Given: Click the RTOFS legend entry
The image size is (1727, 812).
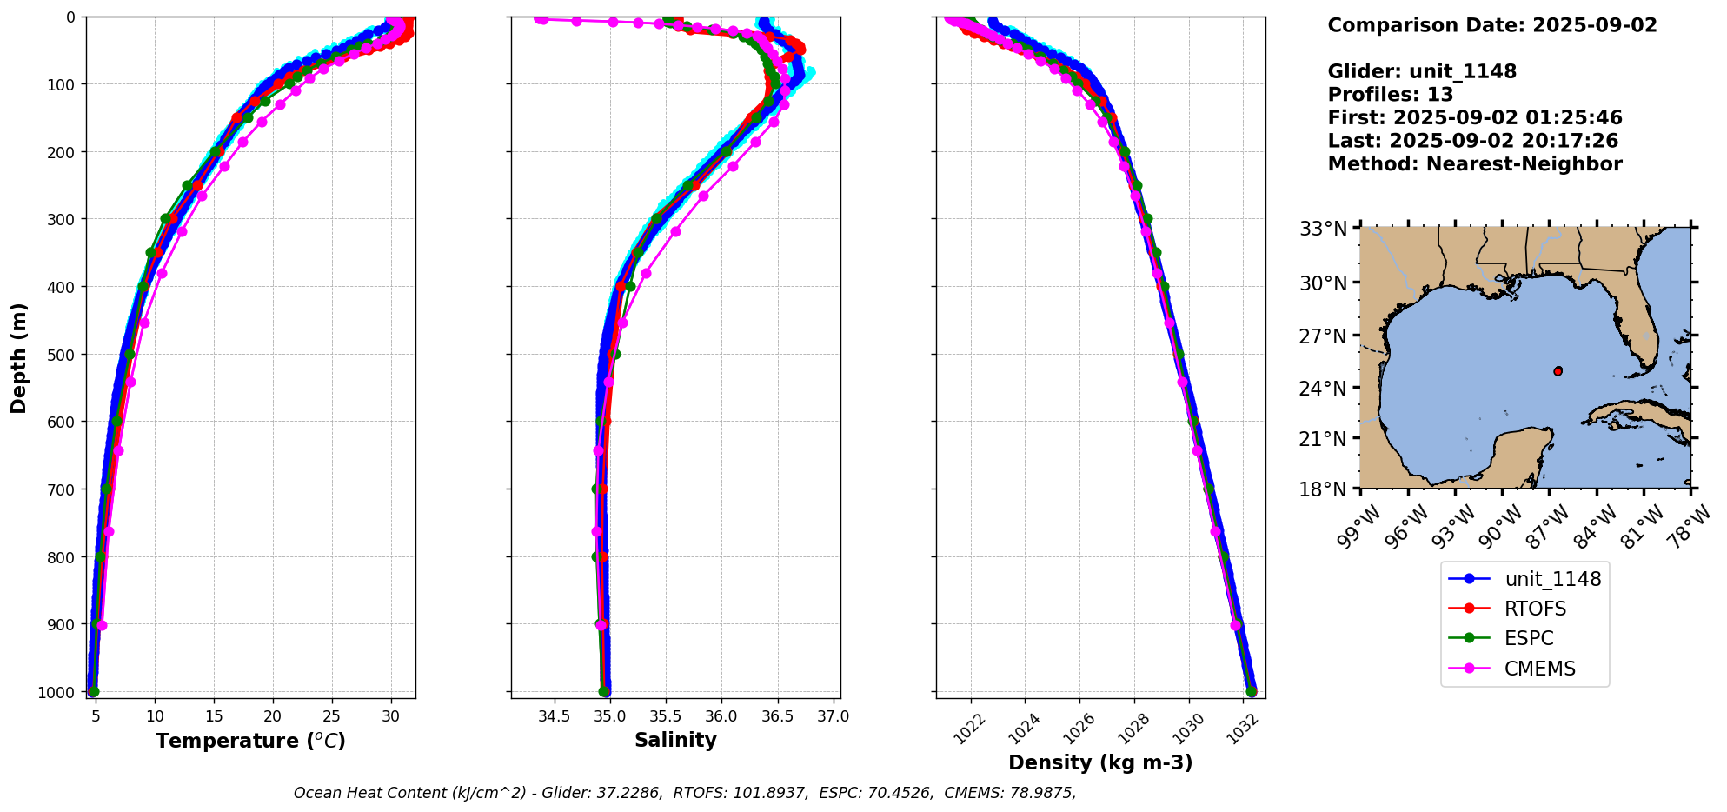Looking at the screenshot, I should pos(1534,609).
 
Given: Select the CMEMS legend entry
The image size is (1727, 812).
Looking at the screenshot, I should pos(1538,669).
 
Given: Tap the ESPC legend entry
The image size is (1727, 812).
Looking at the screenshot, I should pos(1528,638).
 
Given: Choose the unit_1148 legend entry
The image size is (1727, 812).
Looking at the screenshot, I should pos(1551,579).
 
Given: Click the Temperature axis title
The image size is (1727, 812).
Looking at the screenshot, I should pos(250,741).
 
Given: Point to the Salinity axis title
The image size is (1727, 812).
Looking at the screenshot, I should pos(675,741).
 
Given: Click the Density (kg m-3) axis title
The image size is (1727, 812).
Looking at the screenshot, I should pos(1100,762).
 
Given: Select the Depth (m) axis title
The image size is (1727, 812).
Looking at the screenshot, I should pos(19,357).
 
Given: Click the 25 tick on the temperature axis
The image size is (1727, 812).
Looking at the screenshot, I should pos(332,716).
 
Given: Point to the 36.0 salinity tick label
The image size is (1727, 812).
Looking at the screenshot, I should pos(721,716).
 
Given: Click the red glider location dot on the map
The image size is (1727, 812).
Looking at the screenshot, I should pos(1558,371).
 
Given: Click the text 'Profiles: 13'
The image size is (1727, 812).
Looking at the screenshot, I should pos(1390,95).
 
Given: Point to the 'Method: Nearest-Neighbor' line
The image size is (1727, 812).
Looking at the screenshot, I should pos(1474,164).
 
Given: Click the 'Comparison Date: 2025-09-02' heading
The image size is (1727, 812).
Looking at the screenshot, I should pos(1491,25).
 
